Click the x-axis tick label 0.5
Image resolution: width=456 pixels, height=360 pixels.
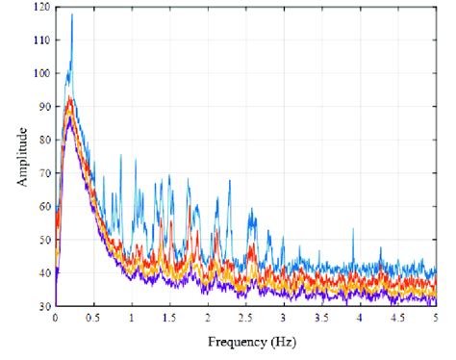tap(93, 317)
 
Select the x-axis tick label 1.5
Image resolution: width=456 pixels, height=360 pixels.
tap(169, 317)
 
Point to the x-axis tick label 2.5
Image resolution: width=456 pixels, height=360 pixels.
tap(245, 317)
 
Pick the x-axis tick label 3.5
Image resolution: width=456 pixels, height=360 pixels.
tap(321, 317)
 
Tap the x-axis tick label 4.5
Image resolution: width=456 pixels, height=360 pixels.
tap(397, 317)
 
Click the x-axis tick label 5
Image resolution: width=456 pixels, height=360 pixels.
tap(436, 317)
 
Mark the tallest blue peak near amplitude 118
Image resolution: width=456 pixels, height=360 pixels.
tap(71, 13)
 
